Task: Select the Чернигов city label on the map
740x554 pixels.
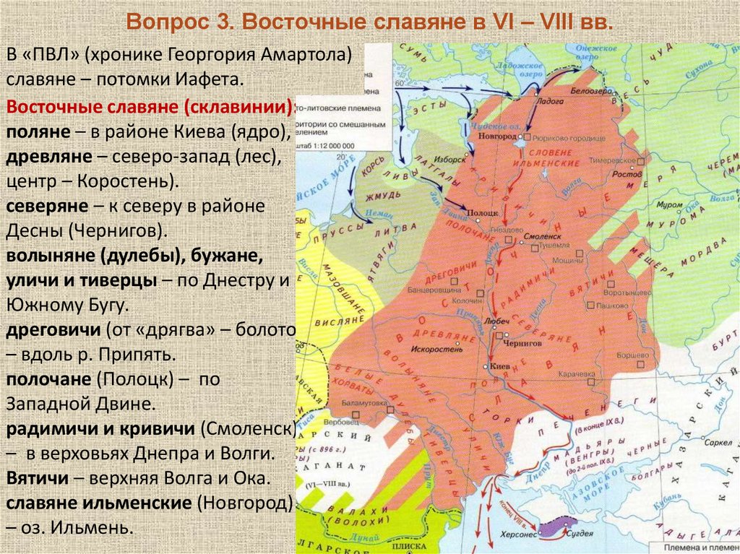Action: [521, 345]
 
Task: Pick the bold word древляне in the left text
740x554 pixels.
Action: [48, 156]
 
